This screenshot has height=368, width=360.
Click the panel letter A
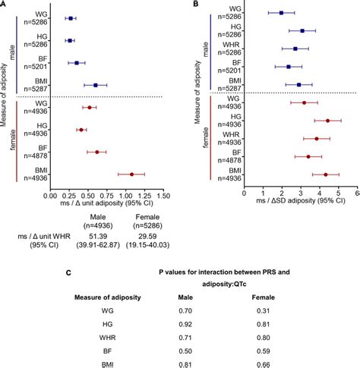[5, 5]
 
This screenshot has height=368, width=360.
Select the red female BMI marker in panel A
[131, 174]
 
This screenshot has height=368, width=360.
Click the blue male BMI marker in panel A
[95, 85]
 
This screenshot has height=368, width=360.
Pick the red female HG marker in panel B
[328, 120]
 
